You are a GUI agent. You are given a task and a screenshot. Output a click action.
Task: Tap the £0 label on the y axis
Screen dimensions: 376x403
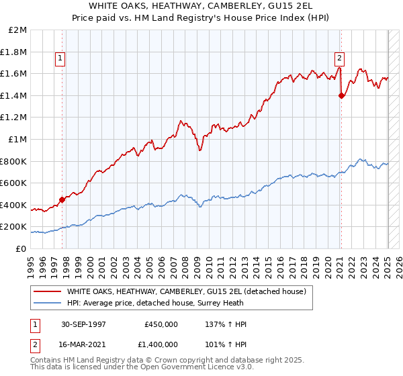coord(21,248)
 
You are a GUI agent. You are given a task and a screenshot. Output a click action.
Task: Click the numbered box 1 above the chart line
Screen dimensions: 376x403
coord(60,58)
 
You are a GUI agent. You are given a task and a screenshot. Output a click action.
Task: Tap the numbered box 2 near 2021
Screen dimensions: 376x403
coord(340,58)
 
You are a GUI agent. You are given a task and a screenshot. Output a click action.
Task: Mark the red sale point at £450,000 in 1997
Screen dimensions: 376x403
coord(62,199)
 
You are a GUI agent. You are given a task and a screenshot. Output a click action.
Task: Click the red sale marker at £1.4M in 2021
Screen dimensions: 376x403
coord(341,95)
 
